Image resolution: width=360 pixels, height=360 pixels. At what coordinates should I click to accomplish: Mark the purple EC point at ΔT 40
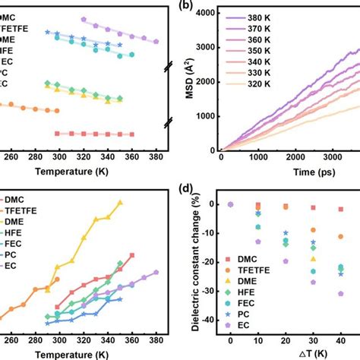coord(340,293)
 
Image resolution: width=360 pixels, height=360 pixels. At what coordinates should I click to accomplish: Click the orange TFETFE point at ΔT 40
coord(340,237)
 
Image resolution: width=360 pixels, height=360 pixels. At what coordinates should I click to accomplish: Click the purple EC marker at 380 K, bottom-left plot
coord(156,272)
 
